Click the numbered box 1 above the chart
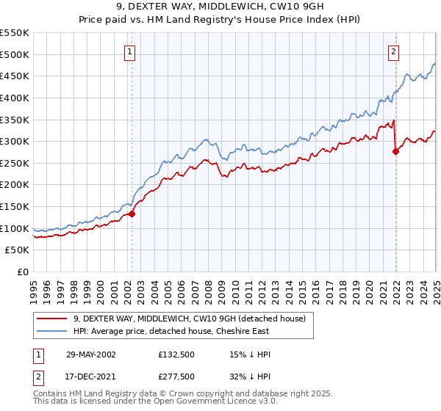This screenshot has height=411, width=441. [130, 51]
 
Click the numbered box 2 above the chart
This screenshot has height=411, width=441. [394, 51]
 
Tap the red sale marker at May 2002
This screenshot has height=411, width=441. [132, 214]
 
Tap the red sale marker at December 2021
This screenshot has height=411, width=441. [396, 151]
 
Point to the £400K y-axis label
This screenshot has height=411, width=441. [15, 98]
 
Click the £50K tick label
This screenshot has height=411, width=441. [18, 250]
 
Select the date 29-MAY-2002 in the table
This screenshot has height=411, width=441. [87, 354]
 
